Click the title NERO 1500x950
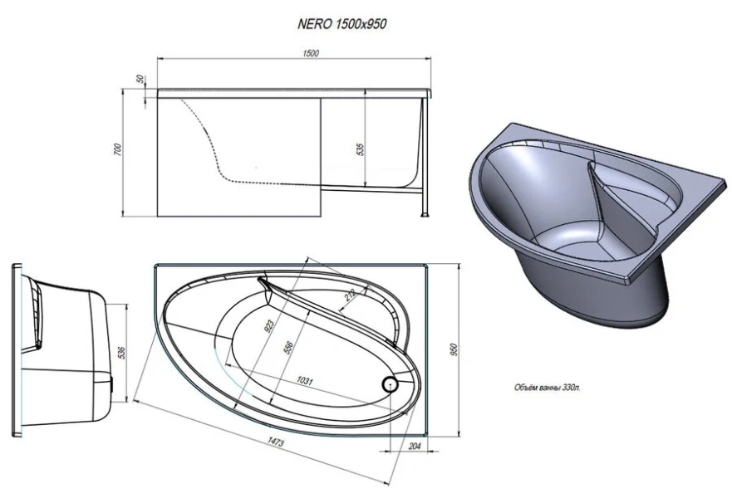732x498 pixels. point(341,24)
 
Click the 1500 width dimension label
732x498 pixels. point(311,53)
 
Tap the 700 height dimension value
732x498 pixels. point(118,149)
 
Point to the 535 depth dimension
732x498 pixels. point(360,149)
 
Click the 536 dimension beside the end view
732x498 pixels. point(121,353)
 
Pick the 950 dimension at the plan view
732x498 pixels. point(454,349)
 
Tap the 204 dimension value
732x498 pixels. point(415,446)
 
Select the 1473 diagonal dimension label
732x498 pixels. point(275,441)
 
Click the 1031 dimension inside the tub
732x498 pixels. point(304,381)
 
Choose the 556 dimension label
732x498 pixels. point(288,348)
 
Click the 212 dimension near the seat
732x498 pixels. point(351,295)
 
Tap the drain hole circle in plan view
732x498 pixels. point(390,384)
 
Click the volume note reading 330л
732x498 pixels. point(548,388)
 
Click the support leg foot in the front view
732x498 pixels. point(425,215)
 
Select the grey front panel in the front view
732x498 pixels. point(239,157)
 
